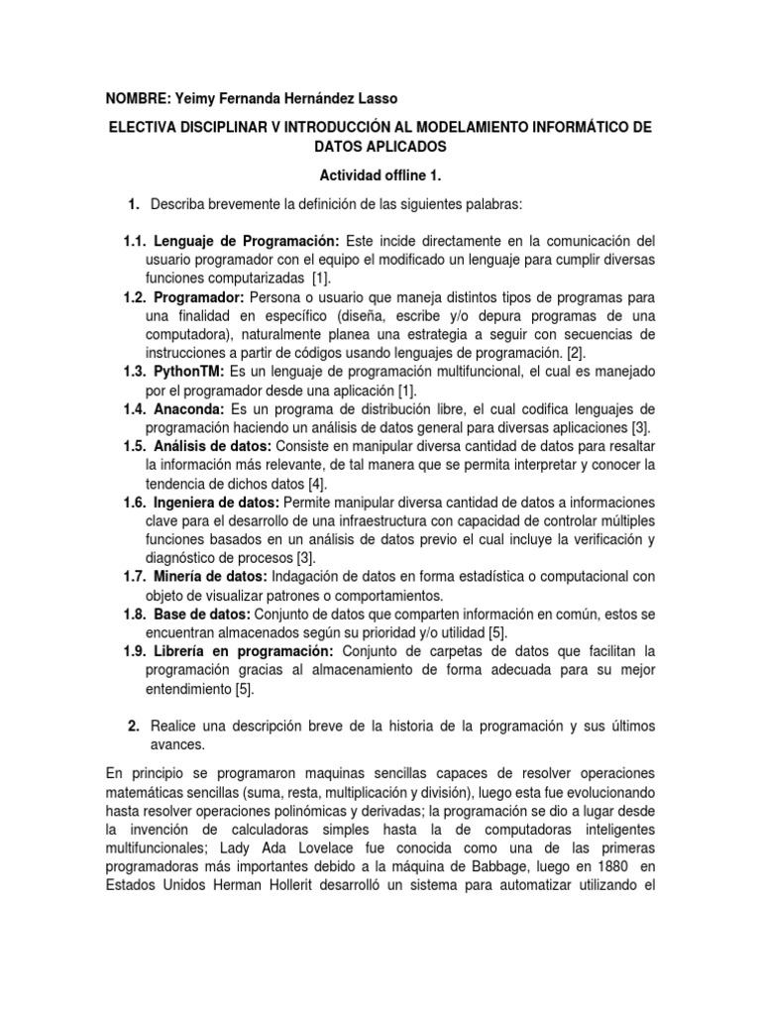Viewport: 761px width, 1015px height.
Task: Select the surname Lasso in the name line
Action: pos(380,99)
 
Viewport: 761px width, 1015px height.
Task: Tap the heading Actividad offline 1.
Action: pos(380,175)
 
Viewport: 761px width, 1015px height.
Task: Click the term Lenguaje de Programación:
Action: pos(247,242)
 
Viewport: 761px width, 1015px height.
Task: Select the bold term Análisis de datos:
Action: pos(212,446)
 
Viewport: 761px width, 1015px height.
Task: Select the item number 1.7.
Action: pos(136,577)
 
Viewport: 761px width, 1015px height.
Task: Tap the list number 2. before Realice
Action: pos(134,727)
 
